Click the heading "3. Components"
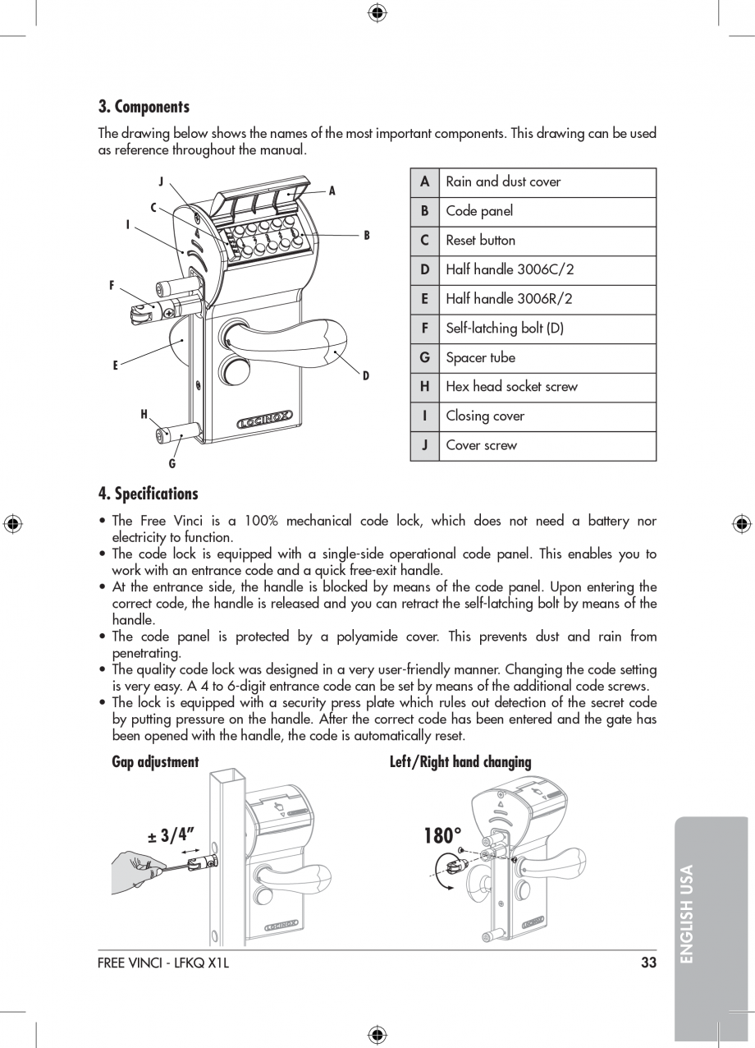[144, 107]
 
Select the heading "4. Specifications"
[148, 494]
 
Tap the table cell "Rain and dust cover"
[503, 182]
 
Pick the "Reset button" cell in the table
[481, 241]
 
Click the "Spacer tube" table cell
[480, 358]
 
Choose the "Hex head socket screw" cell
[511, 387]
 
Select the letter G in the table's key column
[424, 358]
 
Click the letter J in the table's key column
[424, 445]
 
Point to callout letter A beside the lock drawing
[332, 191]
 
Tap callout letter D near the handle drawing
[366, 375]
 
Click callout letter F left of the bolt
[112, 286]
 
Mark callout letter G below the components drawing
[172, 464]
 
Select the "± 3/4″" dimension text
[174, 836]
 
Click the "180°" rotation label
[443, 836]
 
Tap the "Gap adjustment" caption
[155, 762]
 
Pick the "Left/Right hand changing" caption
[460, 762]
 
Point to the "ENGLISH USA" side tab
[687, 913]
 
